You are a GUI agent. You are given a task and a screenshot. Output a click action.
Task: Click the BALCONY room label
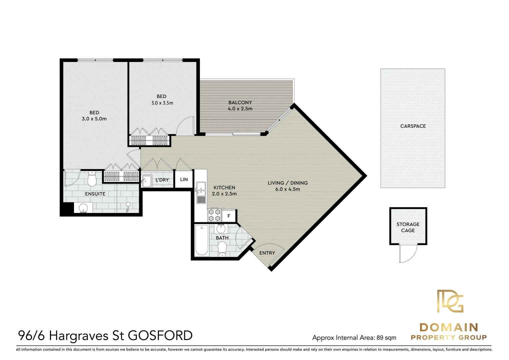[240, 103]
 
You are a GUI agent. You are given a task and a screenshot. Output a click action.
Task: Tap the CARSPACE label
[413, 126]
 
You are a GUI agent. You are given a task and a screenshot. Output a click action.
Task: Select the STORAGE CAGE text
[408, 227]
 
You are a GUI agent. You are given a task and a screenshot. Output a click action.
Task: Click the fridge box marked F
[229, 216]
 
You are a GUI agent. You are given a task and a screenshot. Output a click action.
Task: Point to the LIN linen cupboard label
[184, 179]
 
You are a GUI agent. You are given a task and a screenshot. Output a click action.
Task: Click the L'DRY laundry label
[162, 180]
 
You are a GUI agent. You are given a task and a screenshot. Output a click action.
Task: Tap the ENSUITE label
[95, 194]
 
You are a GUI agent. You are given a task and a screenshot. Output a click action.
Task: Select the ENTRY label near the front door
[267, 253]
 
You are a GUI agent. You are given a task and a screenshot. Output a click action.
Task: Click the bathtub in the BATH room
[202, 240]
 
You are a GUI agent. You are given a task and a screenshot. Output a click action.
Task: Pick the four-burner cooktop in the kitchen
[214, 215]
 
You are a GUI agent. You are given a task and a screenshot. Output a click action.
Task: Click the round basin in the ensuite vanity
[83, 208]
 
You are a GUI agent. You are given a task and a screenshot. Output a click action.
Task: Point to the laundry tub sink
[147, 181]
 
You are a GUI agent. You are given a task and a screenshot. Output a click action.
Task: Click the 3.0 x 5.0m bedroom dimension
[94, 119]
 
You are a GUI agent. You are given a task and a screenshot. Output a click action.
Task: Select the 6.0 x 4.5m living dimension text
[288, 189]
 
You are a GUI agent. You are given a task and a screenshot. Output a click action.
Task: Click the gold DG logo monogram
[450, 301]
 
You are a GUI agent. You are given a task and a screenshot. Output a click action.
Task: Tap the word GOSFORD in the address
[160, 336]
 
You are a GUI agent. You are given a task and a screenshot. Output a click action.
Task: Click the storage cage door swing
[408, 253]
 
